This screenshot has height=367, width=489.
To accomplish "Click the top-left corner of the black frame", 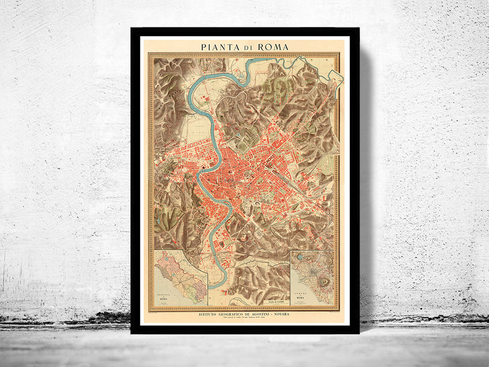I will [x=131, y=28].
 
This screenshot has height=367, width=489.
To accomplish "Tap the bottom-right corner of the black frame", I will [x=359, y=333].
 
